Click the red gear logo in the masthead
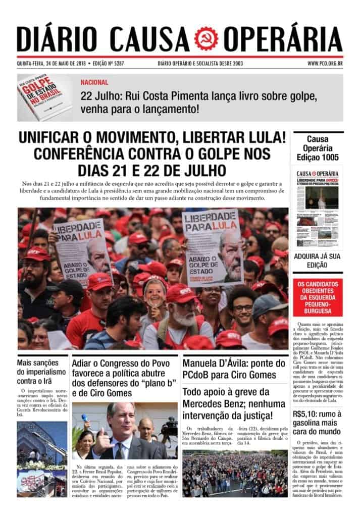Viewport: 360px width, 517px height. [x=207, y=38]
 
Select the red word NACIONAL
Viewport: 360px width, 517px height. [x=94, y=82]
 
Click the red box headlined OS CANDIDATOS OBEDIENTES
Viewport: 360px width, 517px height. [x=318, y=297]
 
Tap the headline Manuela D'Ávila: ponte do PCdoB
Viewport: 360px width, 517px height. [x=234, y=369]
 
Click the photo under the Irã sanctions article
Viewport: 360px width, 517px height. [x=42, y=458]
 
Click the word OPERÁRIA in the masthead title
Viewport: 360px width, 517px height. [x=283, y=38]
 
